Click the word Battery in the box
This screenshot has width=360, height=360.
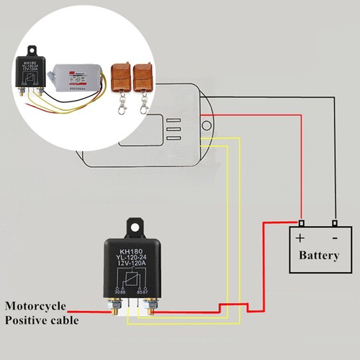click(318, 256)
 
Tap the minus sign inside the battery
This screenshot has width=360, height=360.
click(335, 237)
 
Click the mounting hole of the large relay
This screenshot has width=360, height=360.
click(134, 225)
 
